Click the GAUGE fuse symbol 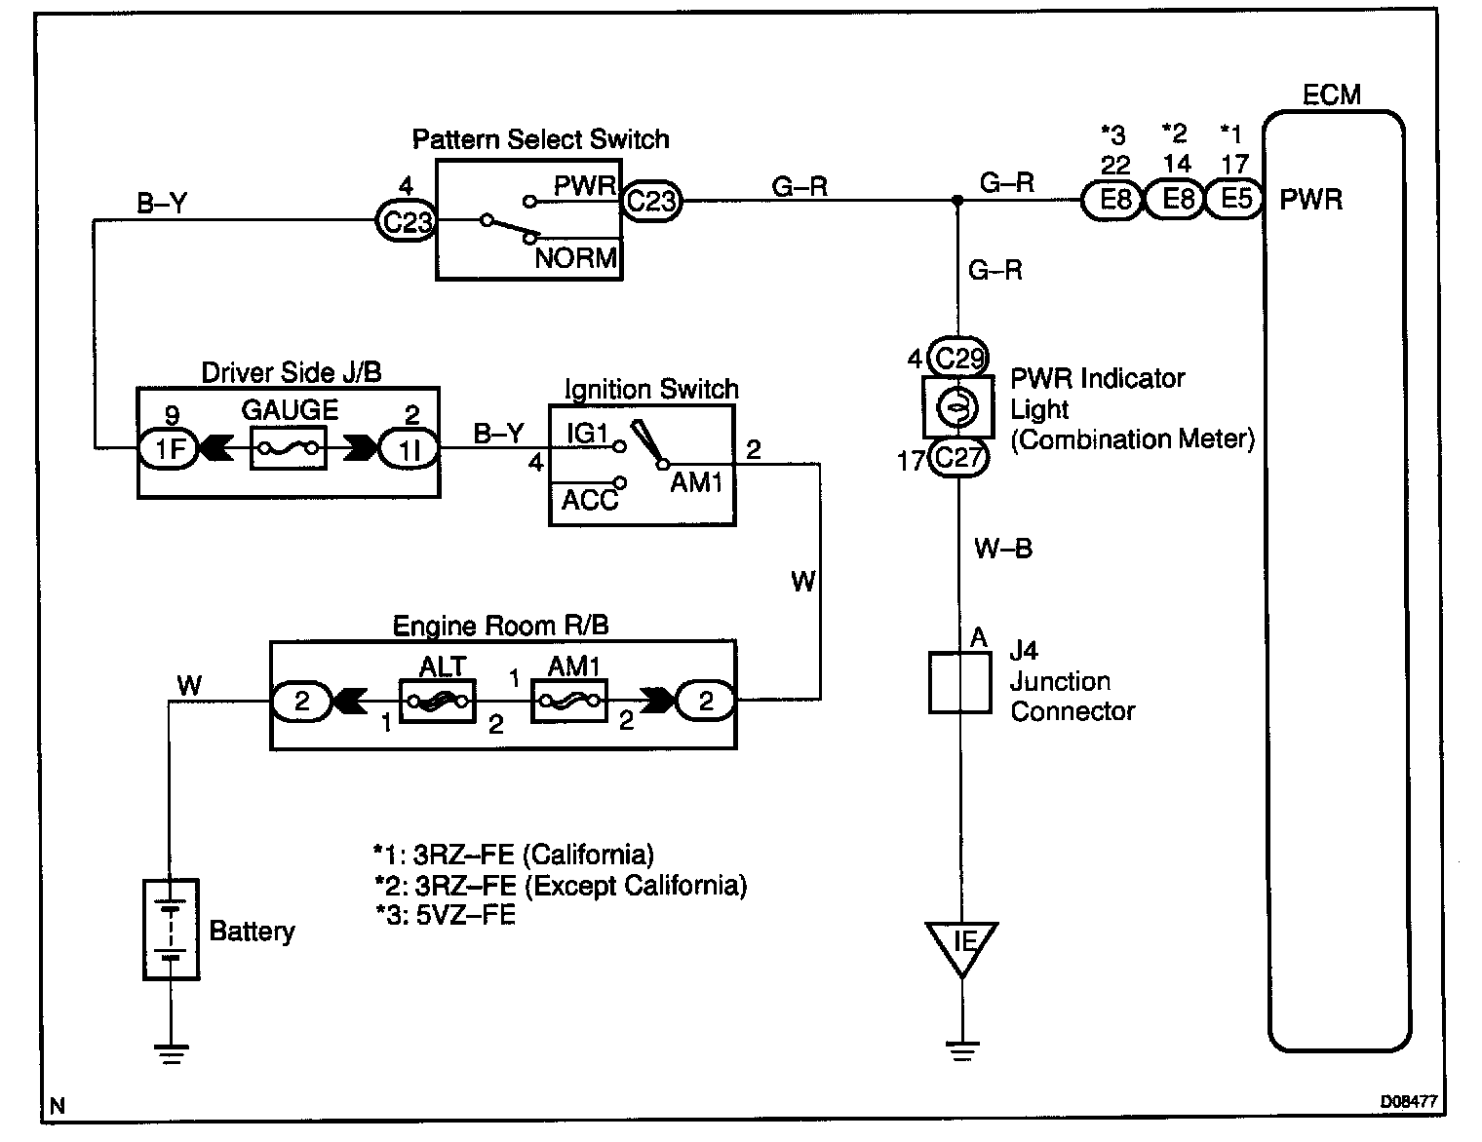pyautogui.click(x=289, y=448)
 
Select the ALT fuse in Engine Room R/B pyautogui.click(x=437, y=701)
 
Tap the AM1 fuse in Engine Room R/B pyautogui.click(x=567, y=701)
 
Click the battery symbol pyautogui.click(x=172, y=930)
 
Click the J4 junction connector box pyautogui.click(x=959, y=682)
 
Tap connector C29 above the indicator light pyautogui.click(x=958, y=358)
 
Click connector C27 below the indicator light pyautogui.click(x=958, y=457)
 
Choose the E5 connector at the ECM pyautogui.click(x=1236, y=200)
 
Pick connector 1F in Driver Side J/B pyautogui.click(x=171, y=448)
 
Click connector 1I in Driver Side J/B pyautogui.click(x=409, y=448)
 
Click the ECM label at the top pyautogui.click(x=1332, y=95)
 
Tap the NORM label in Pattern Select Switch pyautogui.click(x=575, y=258)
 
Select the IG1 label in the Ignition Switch pyautogui.click(x=587, y=433)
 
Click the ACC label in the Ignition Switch pyautogui.click(x=589, y=500)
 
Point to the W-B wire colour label pyautogui.click(x=1002, y=549)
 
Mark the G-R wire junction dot pyautogui.click(x=957, y=201)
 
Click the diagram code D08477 pyautogui.click(x=1408, y=1102)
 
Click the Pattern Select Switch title pyautogui.click(x=540, y=139)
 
